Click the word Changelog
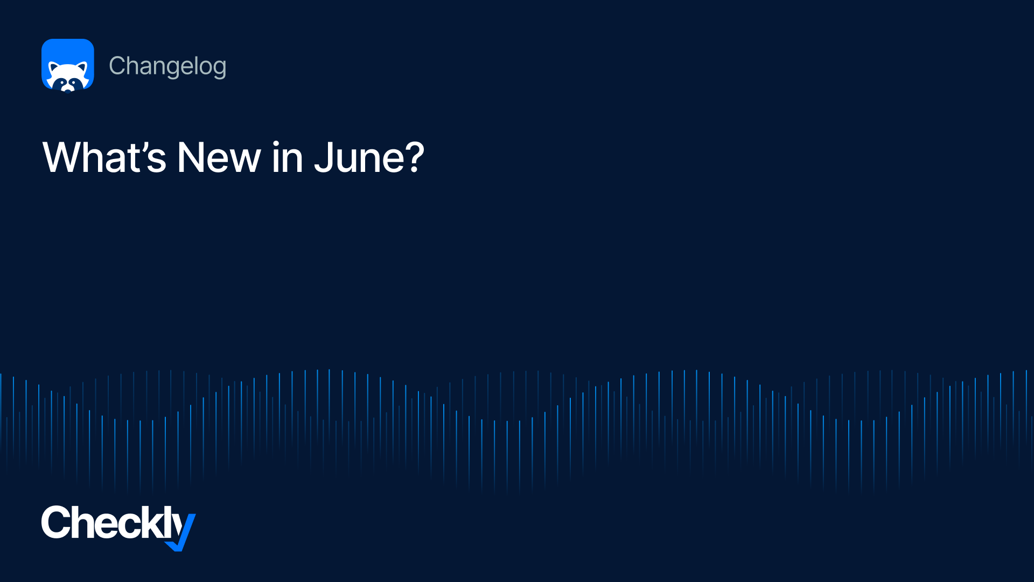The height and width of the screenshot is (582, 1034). pos(167,66)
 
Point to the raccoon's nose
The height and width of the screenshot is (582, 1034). pos(68,89)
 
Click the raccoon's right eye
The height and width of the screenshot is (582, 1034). pos(74,82)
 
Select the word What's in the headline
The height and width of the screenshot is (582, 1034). pos(104,157)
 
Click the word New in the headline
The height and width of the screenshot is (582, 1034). pos(219,157)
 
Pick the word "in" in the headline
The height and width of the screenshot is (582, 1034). pos(288,157)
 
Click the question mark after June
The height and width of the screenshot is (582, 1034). pos(415,157)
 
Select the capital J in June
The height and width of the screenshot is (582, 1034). pos(324,157)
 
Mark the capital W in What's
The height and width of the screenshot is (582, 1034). pos(64,157)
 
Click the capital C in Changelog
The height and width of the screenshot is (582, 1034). pos(117,66)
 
